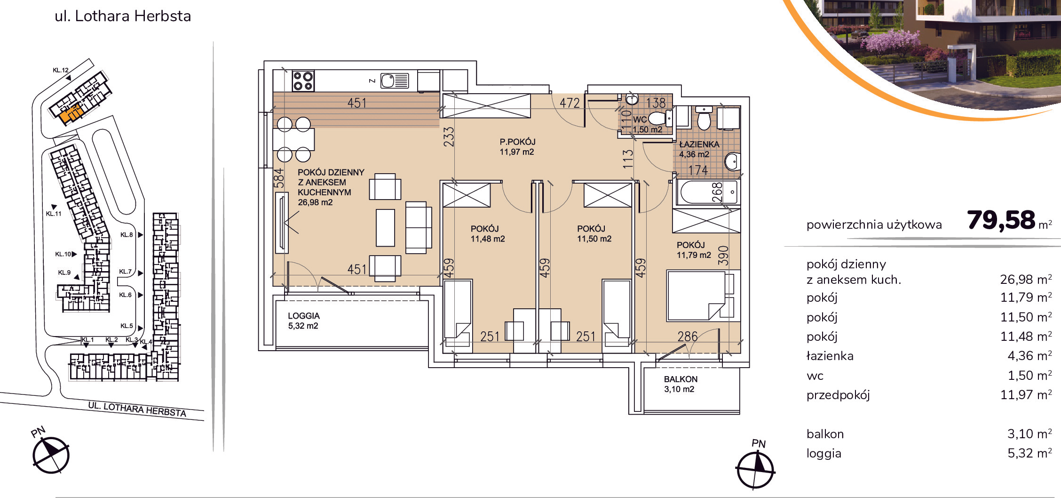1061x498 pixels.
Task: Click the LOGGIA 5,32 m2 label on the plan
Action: tap(304, 321)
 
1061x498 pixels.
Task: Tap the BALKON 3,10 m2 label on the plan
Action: tap(681, 384)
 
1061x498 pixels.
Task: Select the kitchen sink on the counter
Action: tap(395, 81)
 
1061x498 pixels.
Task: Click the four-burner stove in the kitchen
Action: tap(303, 81)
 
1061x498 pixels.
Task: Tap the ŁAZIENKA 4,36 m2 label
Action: tap(699, 149)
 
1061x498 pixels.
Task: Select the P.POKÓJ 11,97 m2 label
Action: tap(517, 147)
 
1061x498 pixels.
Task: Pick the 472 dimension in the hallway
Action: tap(570, 103)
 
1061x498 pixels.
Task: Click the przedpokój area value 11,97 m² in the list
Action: tap(1026, 394)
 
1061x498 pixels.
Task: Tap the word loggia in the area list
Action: tap(824, 454)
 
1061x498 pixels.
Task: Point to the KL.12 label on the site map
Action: tap(60, 70)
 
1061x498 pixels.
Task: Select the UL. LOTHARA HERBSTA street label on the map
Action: tap(137, 409)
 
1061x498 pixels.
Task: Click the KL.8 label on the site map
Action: tap(127, 234)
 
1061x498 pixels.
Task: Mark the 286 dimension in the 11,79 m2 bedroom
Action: tap(688, 336)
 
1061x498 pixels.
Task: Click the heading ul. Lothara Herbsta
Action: tap(123, 16)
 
